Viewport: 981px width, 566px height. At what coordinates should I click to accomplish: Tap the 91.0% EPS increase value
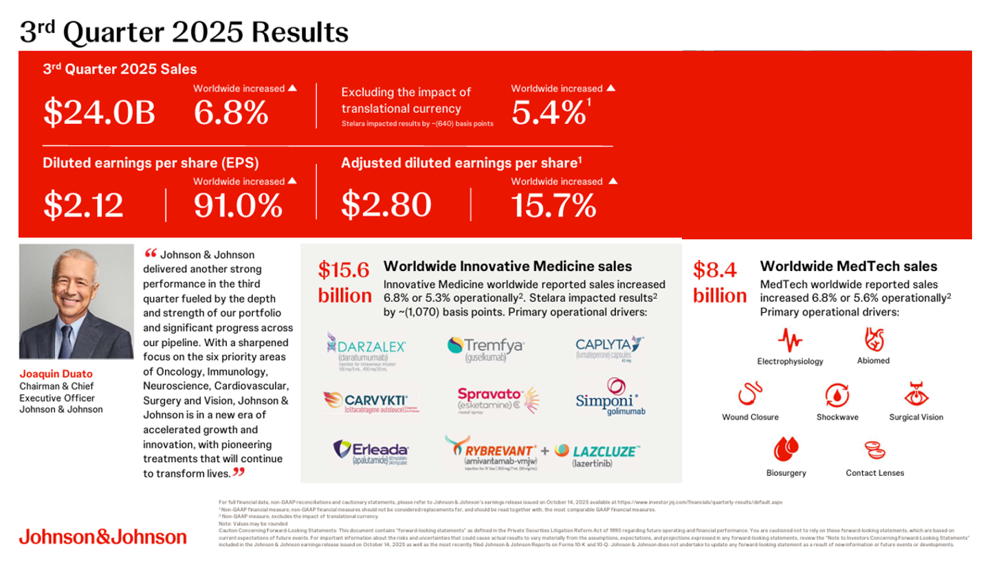pos(238,205)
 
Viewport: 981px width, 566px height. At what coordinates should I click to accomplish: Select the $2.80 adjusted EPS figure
pos(386,205)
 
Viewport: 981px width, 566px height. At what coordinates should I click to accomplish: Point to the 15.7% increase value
pos(553,205)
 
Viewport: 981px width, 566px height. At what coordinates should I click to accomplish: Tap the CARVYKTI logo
pos(371,401)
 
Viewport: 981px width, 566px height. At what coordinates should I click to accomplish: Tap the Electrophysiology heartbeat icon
pos(790,340)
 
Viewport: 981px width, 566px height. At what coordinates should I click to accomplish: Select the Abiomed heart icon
pos(873,340)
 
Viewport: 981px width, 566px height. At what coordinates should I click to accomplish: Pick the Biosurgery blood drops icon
pos(786,450)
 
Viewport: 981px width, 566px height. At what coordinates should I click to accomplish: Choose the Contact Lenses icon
pos(874,450)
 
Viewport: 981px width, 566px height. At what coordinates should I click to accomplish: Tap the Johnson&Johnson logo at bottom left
pos(102,536)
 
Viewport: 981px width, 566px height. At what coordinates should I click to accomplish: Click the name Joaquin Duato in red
pos(54,375)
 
